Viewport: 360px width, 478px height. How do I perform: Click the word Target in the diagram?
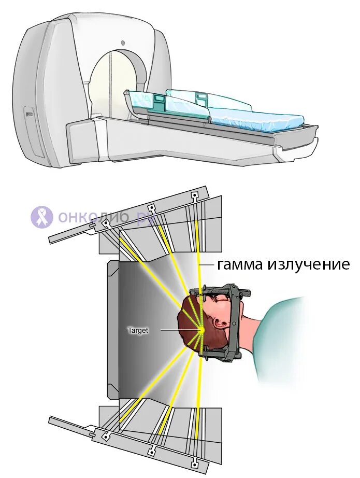tap(138, 330)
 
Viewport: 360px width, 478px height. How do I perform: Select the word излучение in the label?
tap(308, 265)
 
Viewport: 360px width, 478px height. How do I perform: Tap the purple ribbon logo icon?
tap(42, 217)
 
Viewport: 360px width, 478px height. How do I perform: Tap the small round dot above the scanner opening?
tap(122, 42)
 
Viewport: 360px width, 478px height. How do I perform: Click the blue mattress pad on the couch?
tap(259, 117)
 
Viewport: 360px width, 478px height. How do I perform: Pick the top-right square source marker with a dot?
tap(195, 196)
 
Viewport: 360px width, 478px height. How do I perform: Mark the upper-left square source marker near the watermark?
tap(106, 223)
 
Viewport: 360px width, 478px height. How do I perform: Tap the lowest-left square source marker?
tap(106, 437)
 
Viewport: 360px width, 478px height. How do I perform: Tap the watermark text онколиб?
tap(93, 217)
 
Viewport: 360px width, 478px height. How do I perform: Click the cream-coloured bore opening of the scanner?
tap(111, 83)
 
